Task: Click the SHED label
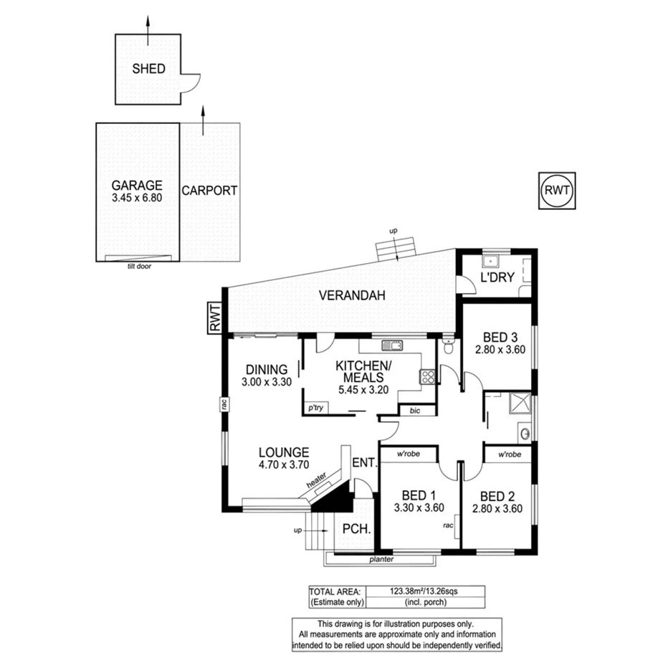point(148,69)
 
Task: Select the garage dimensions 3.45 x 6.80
point(137,197)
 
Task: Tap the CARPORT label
point(209,191)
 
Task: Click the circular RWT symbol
point(558,190)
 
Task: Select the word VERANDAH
point(352,295)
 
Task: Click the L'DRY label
point(497,277)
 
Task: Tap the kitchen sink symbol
point(392,345)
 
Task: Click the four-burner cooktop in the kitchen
point(427,376)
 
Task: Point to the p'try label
point(315,408)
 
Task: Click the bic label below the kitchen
point(415,411)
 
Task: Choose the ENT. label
point(364,463)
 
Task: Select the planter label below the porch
point(383,559)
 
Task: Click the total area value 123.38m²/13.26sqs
point(425,591)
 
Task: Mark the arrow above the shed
point(148,21)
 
